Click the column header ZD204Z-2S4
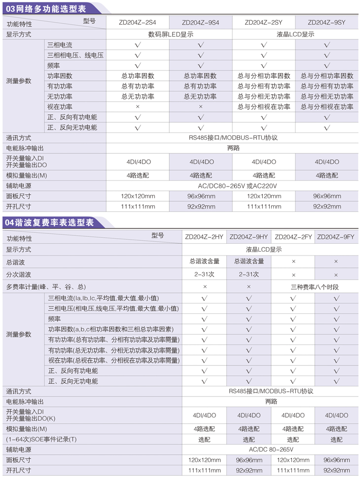[138, 22]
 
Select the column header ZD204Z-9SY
[326, 22]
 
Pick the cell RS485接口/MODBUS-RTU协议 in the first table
[233, 138]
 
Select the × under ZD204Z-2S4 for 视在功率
[138, 107]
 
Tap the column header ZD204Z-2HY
[204, 237]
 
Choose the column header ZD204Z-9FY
[336, 237]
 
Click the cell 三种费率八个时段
[315, 287]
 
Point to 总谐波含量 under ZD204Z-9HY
[249, 261]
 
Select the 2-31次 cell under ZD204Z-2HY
[204, 274]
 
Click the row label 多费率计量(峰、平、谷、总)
[46, 287]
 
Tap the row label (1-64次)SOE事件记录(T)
[41, 439]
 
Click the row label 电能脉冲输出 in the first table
[25, 148]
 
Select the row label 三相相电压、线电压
[75, 55]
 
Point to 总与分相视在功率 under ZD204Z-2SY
[264, 107]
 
